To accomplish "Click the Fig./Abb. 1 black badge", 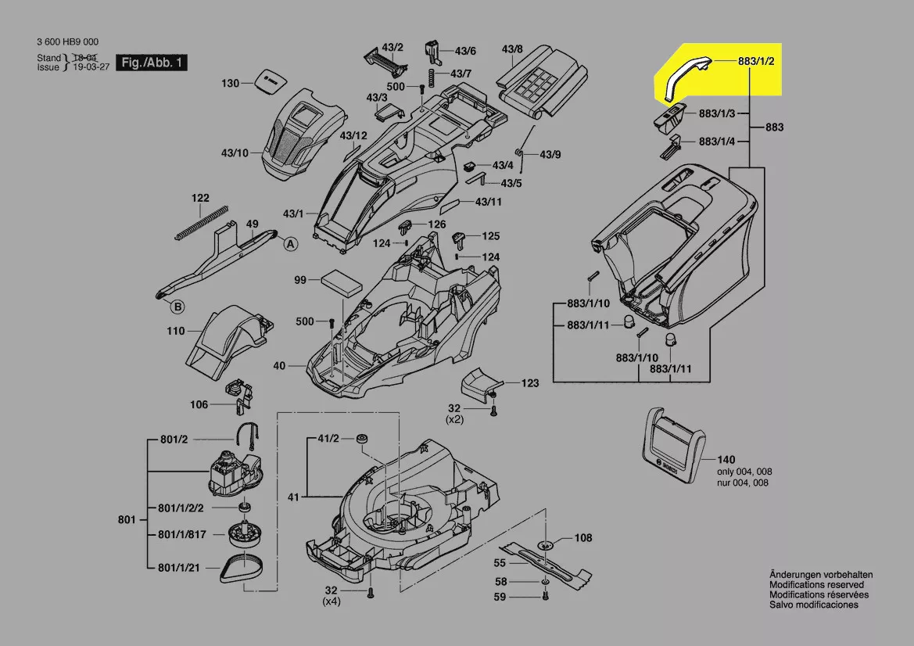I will coord(151,62).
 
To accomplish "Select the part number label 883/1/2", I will coord(755,61).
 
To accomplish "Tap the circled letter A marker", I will coord(290,244).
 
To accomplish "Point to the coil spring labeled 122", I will coord(199,223).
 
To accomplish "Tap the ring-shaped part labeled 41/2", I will coord(362,439).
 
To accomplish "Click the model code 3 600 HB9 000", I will coord(67,42).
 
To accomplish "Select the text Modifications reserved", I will coord(816,585).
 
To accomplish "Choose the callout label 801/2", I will coord(174,440).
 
